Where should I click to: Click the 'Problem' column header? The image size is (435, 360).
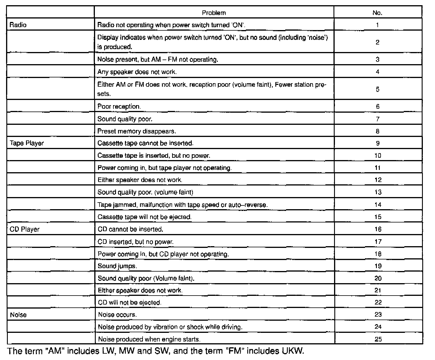214,13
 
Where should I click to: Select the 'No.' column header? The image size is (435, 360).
377,13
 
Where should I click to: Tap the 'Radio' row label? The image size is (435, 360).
18,25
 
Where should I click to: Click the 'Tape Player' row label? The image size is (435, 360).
27,143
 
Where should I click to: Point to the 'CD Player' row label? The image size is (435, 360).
25,229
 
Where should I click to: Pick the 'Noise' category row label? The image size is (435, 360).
18,315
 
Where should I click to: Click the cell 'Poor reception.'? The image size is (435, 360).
119,107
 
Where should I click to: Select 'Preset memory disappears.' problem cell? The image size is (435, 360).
137,131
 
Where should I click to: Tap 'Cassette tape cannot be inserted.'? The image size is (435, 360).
145,143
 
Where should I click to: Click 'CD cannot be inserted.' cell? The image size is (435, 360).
130,229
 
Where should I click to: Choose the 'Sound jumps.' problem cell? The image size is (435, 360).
117,266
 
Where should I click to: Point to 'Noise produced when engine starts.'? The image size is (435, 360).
149,339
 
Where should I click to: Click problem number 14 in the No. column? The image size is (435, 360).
378,205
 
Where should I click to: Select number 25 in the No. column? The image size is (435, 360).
378,339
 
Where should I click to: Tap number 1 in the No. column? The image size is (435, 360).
377,25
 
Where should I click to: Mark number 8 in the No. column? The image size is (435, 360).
377,131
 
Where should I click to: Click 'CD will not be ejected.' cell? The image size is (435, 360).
130,303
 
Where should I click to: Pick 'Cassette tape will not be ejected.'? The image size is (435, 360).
145,217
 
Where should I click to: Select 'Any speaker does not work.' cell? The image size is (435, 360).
137,72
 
